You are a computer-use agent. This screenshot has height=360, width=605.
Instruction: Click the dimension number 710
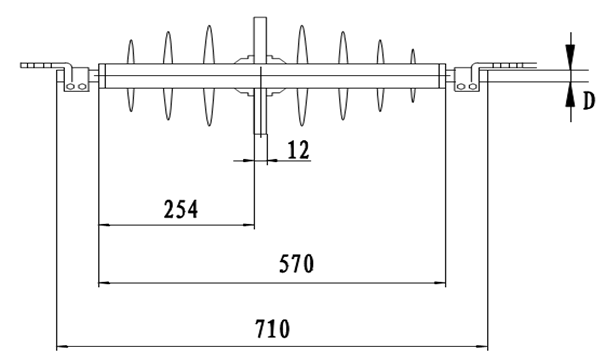pos(272,329)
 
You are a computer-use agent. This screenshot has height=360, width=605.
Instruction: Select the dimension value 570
pos(296,264)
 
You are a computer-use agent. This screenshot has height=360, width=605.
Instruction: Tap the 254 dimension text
pos(181,210)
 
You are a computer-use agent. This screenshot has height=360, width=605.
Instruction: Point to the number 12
pos(298,150)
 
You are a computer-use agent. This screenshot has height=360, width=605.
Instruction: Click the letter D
pos(588,101)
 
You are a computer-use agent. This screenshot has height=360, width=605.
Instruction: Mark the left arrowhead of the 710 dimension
pos(62,346)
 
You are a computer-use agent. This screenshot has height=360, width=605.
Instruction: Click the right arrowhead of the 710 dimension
pos(482,346)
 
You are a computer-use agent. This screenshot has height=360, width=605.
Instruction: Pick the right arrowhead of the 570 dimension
pos(440,283)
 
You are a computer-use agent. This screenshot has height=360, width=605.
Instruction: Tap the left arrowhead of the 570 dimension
pos(104,283)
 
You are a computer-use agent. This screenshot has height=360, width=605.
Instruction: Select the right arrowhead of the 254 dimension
pos(249,224)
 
